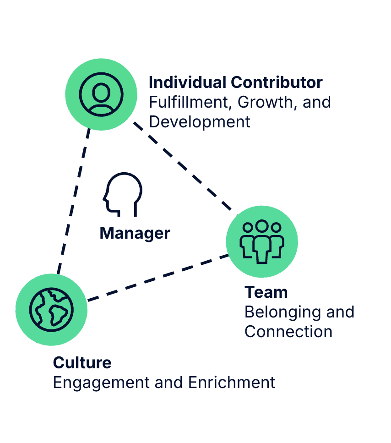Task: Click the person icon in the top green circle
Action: [x=101, y=94]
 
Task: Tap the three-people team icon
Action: [x=261, y=241]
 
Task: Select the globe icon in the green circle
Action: [x=51, y=309]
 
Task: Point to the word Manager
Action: [x=135, y=233]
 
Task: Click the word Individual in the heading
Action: [x=187, y=82]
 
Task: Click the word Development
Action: [x=200, y=122]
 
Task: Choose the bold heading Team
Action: [x=266, y=292]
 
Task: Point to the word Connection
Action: [x=288, y=331]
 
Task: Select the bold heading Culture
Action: [x=82, y=362]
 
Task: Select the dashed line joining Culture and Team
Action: [x=158, y=278]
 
